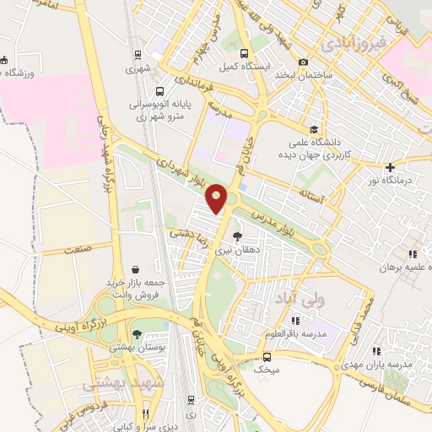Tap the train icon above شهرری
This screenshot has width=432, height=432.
coord(138,56)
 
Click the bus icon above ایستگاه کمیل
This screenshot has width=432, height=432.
coord(245,52)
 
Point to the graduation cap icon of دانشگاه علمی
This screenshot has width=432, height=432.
coord(314,129)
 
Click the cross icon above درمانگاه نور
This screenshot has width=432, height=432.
coord(389,167)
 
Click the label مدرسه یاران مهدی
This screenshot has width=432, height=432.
coord(387,364)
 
